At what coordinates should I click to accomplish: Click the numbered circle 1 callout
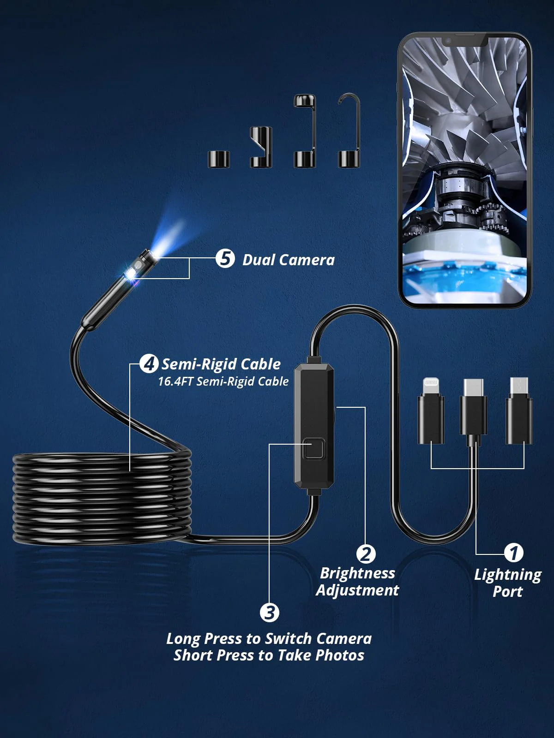[514, 553]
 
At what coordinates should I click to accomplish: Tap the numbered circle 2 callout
[366, 554]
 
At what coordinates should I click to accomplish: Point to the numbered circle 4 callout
[149, 363]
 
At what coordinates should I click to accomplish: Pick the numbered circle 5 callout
[225, 258]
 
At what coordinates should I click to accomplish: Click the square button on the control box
[313, 450]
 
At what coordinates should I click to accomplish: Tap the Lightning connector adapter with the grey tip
[431, 411]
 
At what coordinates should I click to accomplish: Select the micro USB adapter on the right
[519, 411]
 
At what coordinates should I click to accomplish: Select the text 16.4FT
[175, 381]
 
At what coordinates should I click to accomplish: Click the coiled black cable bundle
[102, 498]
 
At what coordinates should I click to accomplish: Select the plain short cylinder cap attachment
[218, 159]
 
